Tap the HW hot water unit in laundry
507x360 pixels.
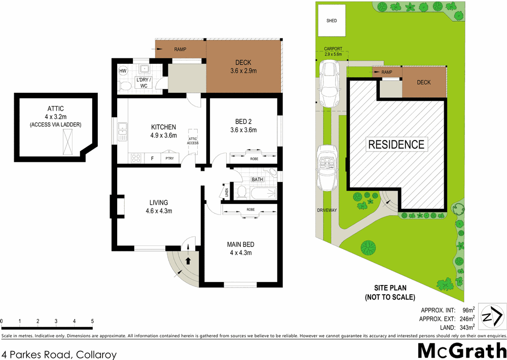click(x=123, y=71)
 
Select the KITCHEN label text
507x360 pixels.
click(x=163, y=127)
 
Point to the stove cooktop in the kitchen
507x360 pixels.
click(x=135, y=158)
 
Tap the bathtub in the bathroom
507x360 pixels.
click(x=263, y=192)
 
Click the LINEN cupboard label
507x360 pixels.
click(x=226, y=193)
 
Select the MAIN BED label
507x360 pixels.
click(x=240, y=244)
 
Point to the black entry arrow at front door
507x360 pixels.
click(x=188, y=261)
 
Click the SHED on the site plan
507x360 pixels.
click(x=332, y=21)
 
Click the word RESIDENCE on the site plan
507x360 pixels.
click(x=396, y=144)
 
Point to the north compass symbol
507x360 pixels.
click(x=492, y=318)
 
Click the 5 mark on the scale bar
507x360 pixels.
click(x=92, y=321)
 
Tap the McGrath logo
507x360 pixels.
click(x=461, y=350)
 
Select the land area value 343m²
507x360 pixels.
click(x=466, y=327)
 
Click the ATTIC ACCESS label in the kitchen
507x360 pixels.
click(x=193, y=142)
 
